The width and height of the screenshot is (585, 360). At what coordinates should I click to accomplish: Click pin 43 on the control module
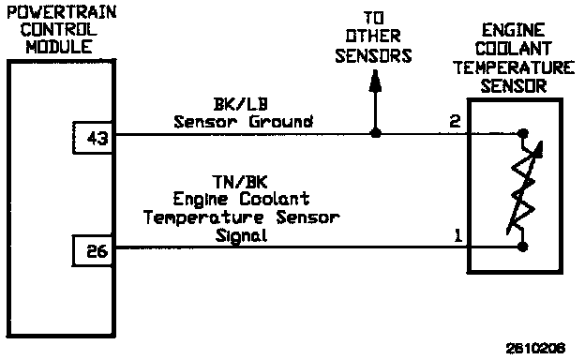click(97, 139)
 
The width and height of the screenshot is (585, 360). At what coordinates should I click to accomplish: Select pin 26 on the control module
click(97, 251)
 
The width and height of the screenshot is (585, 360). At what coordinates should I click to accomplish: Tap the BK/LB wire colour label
click(241, 104)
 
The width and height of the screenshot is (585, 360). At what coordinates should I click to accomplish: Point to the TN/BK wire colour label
click(240, 182)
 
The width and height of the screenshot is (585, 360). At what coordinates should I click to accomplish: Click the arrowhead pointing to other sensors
click(375, 81)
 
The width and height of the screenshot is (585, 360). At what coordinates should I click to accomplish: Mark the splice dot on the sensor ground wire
click(376, 133)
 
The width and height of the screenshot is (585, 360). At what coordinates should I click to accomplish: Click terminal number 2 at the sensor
click(455, 121)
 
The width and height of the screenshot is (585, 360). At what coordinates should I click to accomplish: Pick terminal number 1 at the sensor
click(457, 235)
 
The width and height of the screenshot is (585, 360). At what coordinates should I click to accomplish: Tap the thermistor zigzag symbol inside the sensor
click(524, 188)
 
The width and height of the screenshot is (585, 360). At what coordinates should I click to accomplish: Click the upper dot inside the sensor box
click(523, 133)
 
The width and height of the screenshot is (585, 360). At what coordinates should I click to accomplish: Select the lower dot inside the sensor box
click(523, 247)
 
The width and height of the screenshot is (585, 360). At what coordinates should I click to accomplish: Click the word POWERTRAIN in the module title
click(62, 12)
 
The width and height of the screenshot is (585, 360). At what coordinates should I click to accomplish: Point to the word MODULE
click(59, 47)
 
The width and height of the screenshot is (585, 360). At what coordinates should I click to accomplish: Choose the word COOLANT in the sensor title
click(514, 49)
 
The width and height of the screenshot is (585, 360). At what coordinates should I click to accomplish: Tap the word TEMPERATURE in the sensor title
click(514, 67)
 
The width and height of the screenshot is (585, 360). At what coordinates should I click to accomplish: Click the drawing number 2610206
click(535, 349)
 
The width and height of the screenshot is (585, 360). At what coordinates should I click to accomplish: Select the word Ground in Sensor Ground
click(281, 122)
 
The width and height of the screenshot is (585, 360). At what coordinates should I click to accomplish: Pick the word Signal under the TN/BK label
click(241, 236)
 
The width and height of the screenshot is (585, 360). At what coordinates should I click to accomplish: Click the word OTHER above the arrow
click(373, 37)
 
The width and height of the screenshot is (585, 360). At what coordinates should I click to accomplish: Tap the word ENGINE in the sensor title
click(514, 30)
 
